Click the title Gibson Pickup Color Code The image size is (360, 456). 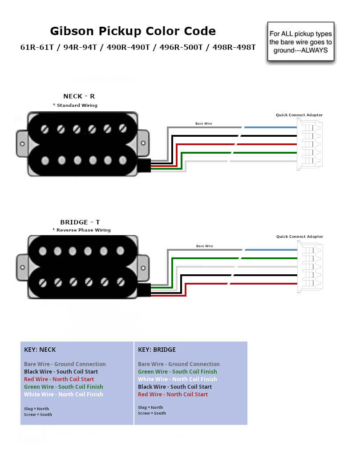pyautogui.click(x=133, y=31)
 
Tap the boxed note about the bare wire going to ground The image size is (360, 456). pyautogui.click(x=301, y=41)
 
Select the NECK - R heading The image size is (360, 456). pyautogui.click(x=79, y=96)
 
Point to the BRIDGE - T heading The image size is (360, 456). pyautogui.click(x=80, y=222)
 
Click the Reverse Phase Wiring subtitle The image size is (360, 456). pyautogui.click(x=83, y=230)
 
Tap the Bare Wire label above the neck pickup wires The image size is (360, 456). pyautogui.click(x=204, y=124)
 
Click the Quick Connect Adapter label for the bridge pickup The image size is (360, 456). pyautogui.click(x=299, y=236)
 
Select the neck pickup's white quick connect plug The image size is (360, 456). pyautogui.click(x=310, y=145)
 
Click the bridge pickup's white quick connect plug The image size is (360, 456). pyautogui.click(x=310, y=267)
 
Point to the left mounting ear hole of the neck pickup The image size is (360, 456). pyautogui.click(x=22, y=144)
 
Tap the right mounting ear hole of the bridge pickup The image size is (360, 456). pyautogui.click(x=143, y=268)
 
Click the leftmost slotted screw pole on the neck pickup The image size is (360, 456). pyautogui.click(x=45, y=129)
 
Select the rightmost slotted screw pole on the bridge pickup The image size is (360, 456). pyautogui.click(x=121, y=282)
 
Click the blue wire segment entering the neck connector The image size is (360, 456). pyautogui.click(x=271, y=127)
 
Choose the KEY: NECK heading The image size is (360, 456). pyautogui.click(x=40, y=350)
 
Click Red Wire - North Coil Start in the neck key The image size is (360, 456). pyautogui.click(x=59, y=379)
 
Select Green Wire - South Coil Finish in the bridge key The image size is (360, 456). pyautogui.click(x=178, y=372)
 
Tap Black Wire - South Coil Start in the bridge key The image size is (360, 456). pyautogui.click(x=175, y=387)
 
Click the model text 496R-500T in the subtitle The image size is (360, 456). pyautogui.click(x=181, y=47)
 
